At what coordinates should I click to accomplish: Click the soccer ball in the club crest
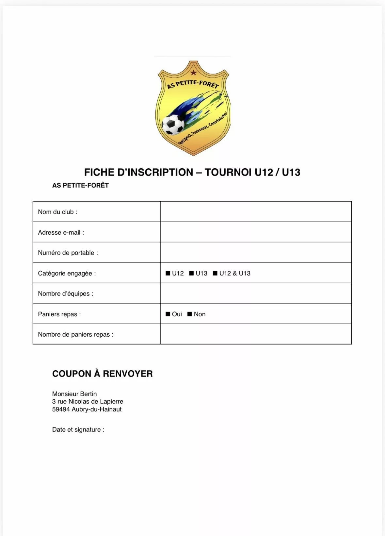[173, 124]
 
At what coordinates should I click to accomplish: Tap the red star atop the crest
[193, 72]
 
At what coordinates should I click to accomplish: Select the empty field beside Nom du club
[256, 212]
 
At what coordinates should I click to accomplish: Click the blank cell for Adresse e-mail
[256, 232]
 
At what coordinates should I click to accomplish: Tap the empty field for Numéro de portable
[256, 252]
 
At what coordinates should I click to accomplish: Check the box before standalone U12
[168, 273]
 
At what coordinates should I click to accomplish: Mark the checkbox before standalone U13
[192, 273]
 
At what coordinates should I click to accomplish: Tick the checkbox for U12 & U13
[215, 273]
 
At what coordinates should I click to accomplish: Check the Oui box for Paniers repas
[168, 314]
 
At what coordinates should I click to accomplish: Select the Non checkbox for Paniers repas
[190, 314]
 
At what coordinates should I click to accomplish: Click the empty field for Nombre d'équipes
[256, 293]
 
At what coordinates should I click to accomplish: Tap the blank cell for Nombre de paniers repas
[256, 334]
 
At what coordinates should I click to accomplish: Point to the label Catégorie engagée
[67, 273]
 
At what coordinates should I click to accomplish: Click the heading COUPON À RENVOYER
[102, 374]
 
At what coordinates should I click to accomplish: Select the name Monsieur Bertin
[74, 394]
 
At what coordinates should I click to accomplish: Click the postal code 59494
[61, 409]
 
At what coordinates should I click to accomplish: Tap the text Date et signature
[78, 429]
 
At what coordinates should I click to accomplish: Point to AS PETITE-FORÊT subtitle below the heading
[80, 185]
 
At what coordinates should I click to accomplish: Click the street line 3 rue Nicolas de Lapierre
[88, 401]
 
